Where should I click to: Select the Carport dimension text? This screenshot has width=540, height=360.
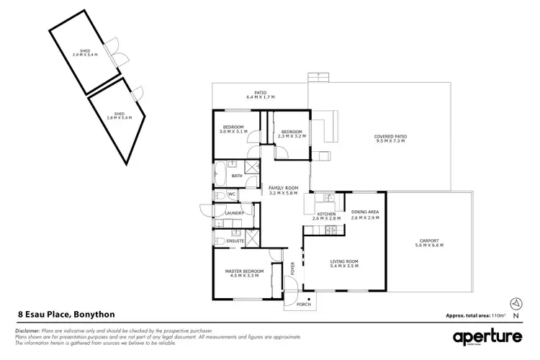point(430,246)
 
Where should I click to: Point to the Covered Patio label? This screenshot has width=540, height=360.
point(390,139)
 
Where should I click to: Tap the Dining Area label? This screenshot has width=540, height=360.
point(364,214)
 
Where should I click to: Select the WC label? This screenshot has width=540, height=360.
point(232,194)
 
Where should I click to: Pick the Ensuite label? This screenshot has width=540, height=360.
point(235,240)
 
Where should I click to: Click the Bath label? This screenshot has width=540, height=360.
point(236,176)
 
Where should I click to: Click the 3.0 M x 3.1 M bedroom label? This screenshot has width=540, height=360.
point(233,130)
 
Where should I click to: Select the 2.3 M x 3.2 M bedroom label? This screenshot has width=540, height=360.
point(292,133)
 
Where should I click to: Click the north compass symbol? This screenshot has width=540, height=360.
point(514,303)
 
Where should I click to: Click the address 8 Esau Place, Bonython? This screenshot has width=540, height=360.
point(66,315)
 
